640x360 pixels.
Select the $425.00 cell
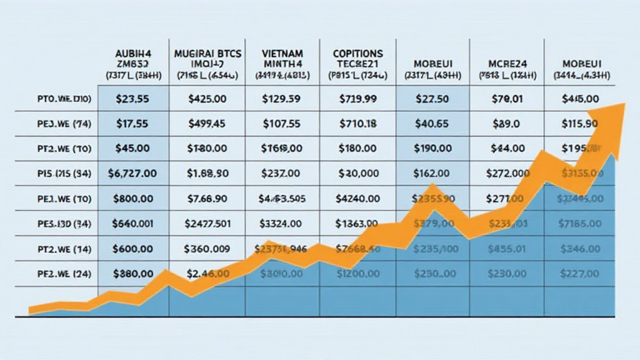pyautogui.click(x=207, y=99)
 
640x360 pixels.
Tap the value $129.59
pyautogui.click(x=282, y=99)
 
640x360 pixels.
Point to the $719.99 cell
pyautogui.click(x=357, y=99)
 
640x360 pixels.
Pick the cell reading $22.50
pyautogui.click(x=431, y=99)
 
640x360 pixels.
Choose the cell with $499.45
pyautogui.click(x=207, y=124)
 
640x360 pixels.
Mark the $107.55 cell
pyautogui.click(x=282, y=124)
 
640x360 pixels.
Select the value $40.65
pyautogui.click(x=431, y=124)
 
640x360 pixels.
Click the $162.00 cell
pyautogui.click(x=431, y=172)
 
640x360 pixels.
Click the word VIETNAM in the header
pyautogui.click(x=282, y=54)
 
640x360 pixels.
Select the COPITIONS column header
pyautogui.click(x=357, y=54)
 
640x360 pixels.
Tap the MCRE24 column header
pyautogui.click(x=507, y=64)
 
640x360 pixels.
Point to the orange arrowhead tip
pyautogui.click(x=624, y=103)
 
